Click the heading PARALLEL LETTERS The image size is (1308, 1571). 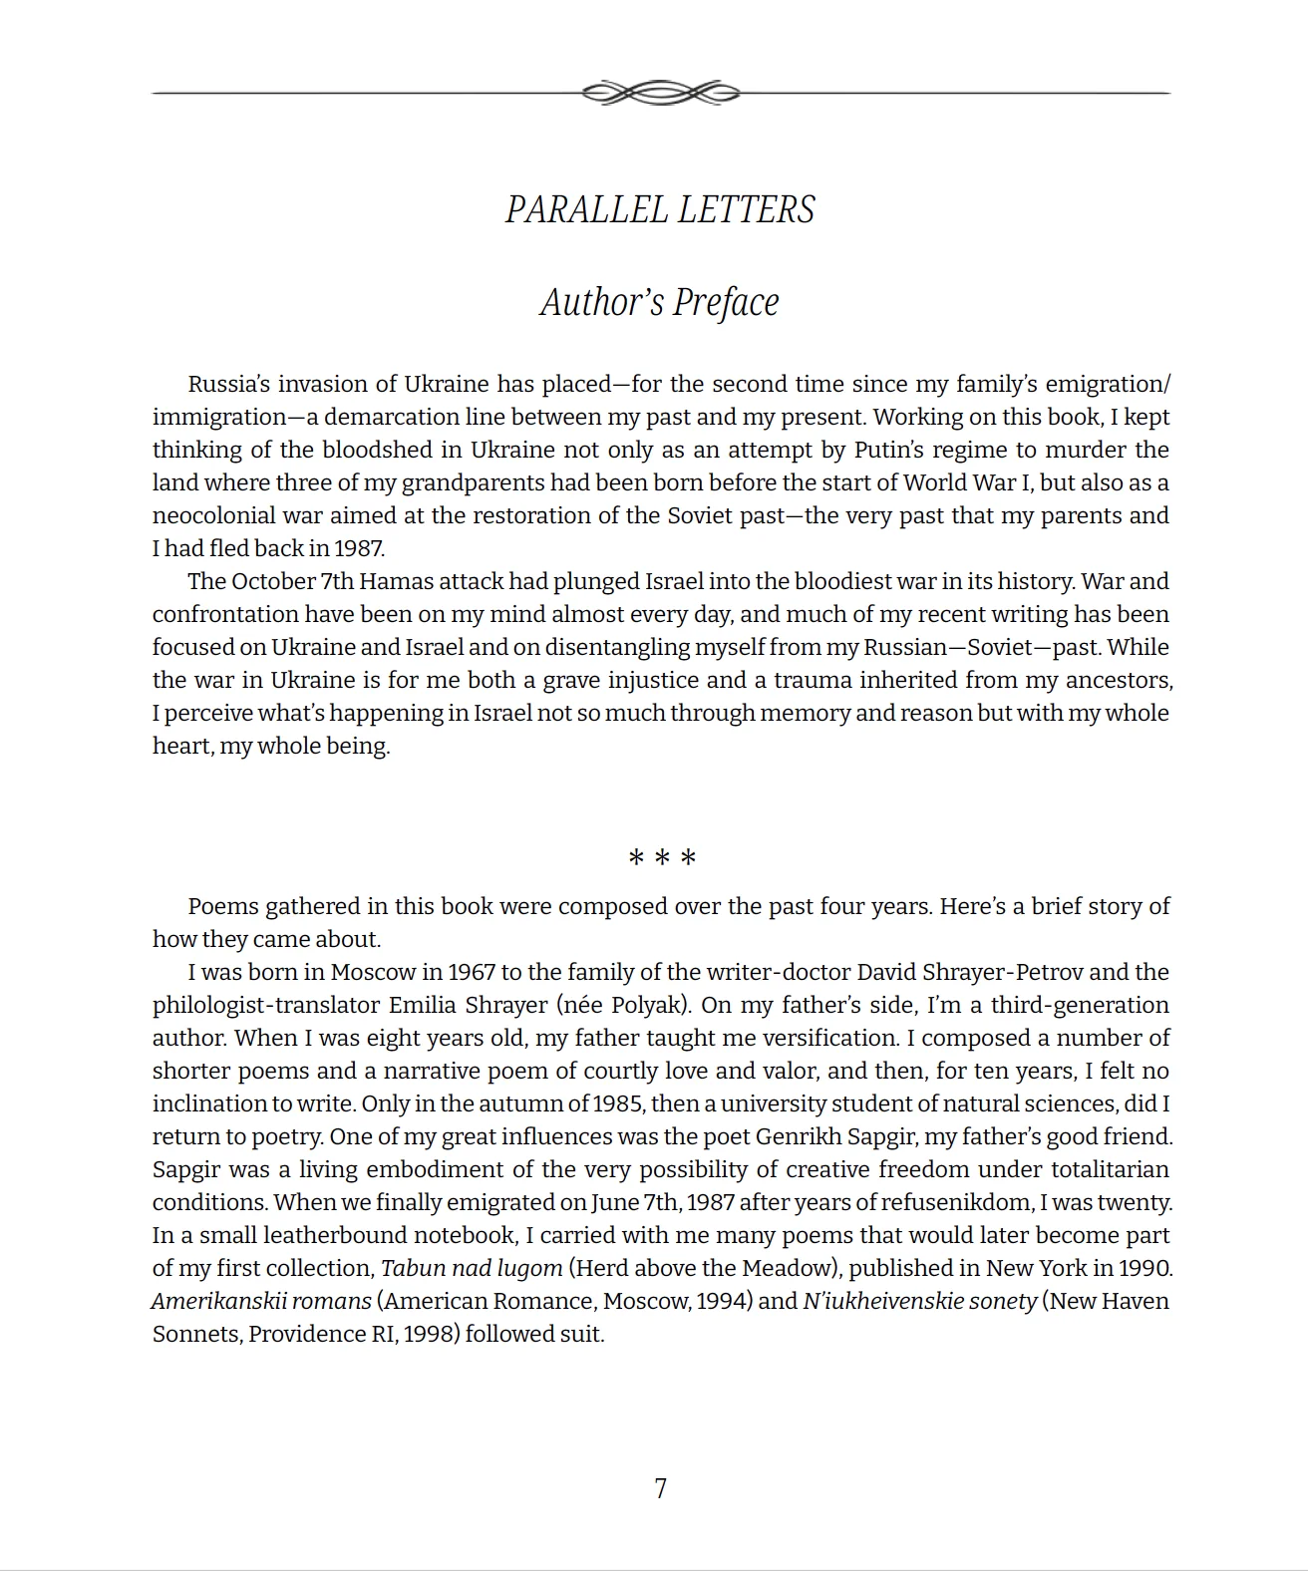tap(660, 210)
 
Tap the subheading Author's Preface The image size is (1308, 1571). tap(659, 302)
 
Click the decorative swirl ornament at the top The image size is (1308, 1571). tap(660, 93)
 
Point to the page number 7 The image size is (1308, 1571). tap(660, 1488)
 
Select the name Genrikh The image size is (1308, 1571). tap(795, 1136)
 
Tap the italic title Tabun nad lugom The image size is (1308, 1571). tap(472, 1268)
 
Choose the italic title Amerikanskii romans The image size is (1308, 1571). tap(261, 1301)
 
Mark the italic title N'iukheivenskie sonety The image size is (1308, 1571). tap(919, 1301)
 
